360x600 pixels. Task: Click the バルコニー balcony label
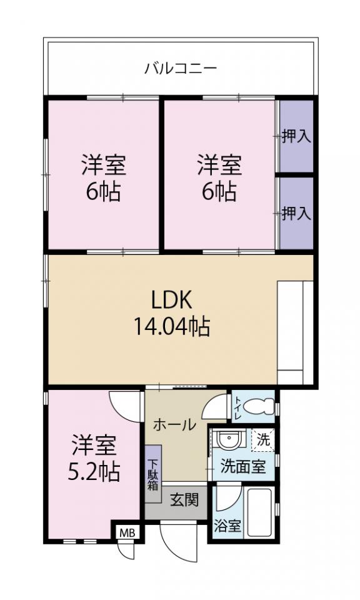[x=181, y=69]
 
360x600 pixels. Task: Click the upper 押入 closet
[x=296, y=136]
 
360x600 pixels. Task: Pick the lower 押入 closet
[x=296, y=213]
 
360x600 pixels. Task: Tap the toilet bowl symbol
[x=259, y=406]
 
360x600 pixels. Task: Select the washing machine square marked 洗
[x=262, y=440]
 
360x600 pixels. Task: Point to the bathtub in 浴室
[x=259, y=512]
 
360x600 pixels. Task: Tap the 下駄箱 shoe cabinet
[x=153, y=474]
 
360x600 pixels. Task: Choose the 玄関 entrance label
[x=185, y=500]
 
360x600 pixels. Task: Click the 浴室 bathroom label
[x=227, y=526]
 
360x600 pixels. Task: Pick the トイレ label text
[x=237, y=407]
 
